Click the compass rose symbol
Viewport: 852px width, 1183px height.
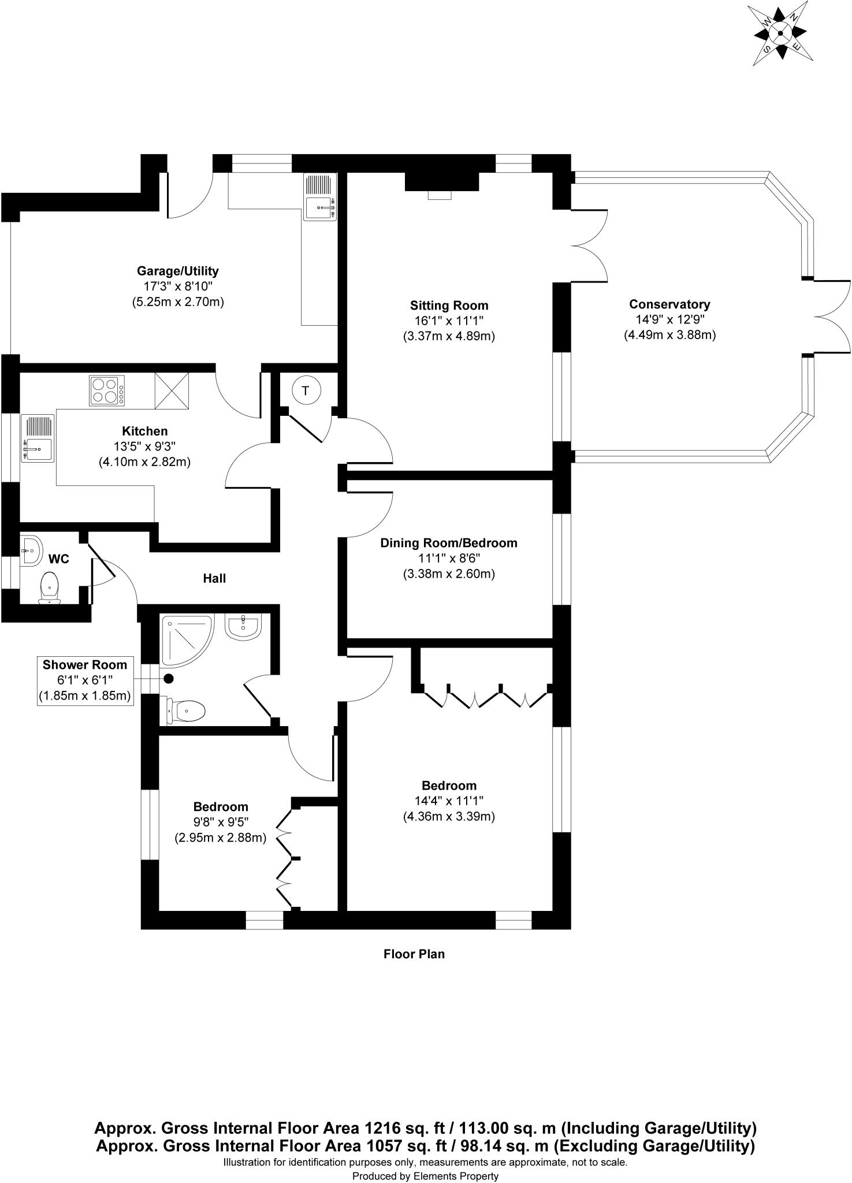780,34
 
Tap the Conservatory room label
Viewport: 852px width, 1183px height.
669,304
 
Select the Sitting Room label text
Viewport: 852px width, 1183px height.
449,306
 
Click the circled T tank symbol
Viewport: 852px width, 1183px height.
306,391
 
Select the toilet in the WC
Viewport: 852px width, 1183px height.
50,587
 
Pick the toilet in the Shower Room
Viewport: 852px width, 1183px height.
187,710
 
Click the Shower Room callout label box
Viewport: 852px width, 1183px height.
85,680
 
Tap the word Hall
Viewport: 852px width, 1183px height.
214,578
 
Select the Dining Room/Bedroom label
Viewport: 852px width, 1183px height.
448,543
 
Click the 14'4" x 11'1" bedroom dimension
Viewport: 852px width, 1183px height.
449,801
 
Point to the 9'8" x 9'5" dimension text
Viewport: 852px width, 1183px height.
220,822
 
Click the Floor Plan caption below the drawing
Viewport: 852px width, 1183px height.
414,954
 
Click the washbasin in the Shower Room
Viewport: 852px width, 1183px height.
244,627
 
